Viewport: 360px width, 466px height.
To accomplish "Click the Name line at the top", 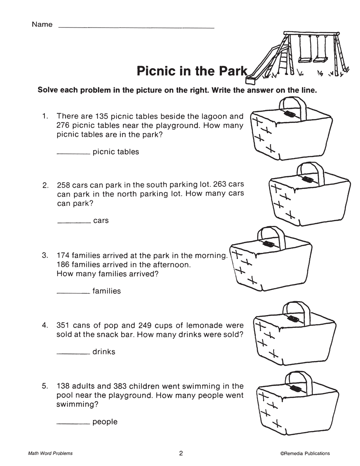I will click(x=136, y=28).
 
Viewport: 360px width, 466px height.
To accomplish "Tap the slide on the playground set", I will click(x=264, y=61).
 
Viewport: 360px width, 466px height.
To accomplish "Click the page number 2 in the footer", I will click(x=181, y=453).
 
